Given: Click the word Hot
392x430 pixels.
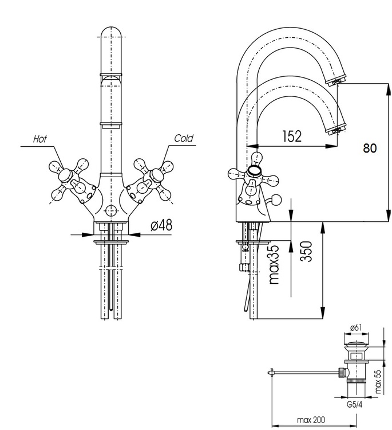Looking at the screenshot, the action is coord(40,139).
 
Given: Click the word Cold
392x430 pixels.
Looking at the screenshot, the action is coord(184,138).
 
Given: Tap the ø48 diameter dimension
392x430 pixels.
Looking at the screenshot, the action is coord(161,225).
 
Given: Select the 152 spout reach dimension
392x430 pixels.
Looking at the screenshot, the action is coord(291,136).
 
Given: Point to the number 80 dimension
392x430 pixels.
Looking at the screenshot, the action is coord(370,148).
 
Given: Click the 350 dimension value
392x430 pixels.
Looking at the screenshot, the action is coord(306,251).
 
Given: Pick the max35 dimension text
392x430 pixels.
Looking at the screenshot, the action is coord(274,264).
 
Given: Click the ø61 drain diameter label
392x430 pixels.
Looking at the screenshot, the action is coord(356,328).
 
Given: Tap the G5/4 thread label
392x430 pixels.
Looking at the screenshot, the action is coord(354,405).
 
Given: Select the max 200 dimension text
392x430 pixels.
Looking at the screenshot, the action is coord(311,420).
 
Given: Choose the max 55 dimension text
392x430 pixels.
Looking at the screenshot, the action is coord(378,381).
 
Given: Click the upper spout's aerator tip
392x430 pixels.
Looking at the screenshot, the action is coord(336,80).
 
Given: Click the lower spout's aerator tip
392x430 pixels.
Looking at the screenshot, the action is coord(336,130).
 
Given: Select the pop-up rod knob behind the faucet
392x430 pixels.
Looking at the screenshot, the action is coord(276,200).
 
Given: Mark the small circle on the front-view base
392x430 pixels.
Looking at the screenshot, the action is coord(111,212).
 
